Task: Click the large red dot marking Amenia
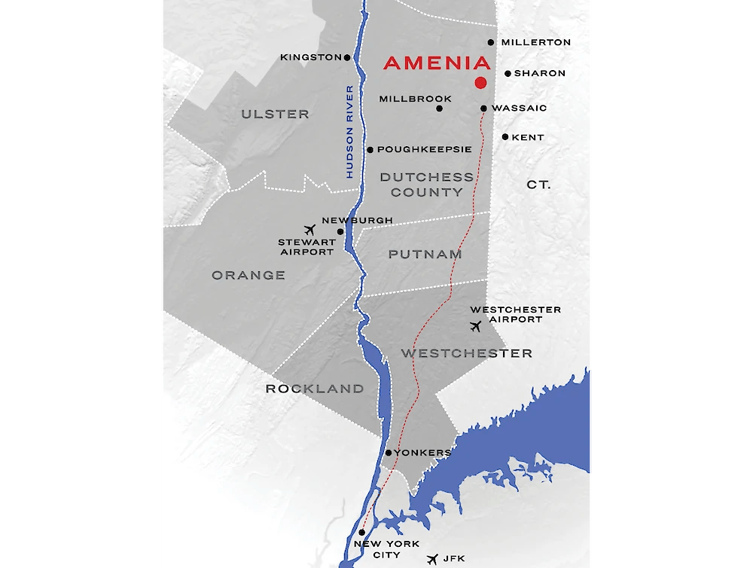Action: [480, 83]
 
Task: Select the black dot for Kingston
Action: [347, 57]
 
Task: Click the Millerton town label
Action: [535, 43]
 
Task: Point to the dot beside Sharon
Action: [508, 74]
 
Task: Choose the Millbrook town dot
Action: [440, 108]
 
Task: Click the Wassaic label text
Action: [519, 108]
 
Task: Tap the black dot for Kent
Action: [505, 137]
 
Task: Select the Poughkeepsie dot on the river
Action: [370, 150]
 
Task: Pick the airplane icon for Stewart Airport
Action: [308, 230]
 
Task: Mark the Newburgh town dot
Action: [340, 231]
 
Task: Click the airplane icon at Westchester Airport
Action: [474, 326]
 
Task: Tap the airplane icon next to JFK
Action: [432, 560]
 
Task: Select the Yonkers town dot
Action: [388, 453]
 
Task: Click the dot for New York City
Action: [362, 533]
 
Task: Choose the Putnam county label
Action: [425, 255]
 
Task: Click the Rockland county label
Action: [314, 389]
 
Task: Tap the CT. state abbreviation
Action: [538, 185]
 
